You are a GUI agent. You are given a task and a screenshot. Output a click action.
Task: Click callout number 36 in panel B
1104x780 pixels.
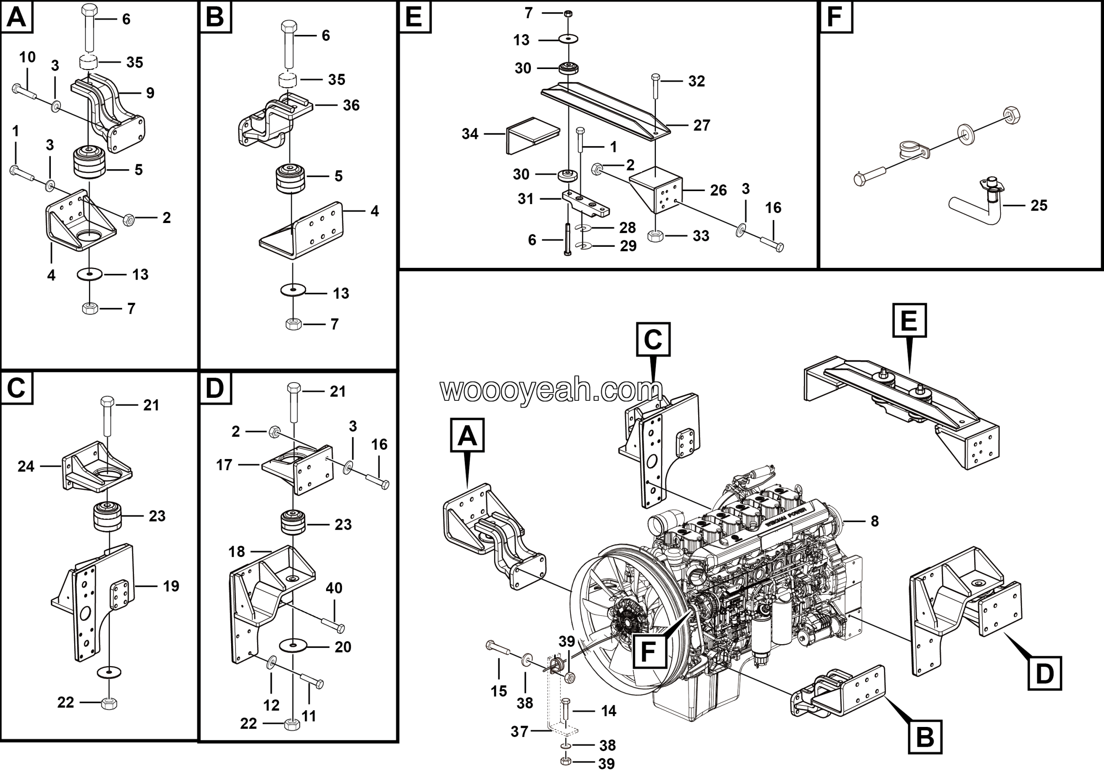click(351, 105)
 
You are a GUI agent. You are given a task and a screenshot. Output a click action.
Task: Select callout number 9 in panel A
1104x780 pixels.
click(150, 93)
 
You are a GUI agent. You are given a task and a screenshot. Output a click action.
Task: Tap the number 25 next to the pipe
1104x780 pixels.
click(1038, 206)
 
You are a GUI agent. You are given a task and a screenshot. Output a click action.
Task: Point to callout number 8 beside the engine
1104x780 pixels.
click(875, 521)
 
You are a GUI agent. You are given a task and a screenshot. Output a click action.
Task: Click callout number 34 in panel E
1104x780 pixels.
click(470, 134)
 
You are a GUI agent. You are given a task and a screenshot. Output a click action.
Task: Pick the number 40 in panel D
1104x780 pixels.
click(334, 588)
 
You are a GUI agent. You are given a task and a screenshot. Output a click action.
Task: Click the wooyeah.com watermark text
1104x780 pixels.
click(551, 390)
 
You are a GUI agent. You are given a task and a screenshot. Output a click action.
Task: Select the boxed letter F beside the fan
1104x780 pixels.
click(648, 651)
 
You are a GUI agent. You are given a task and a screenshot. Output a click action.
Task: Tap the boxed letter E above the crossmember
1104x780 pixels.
click(909, 320)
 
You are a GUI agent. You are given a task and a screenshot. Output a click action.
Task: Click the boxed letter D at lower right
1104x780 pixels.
click(1044, 674)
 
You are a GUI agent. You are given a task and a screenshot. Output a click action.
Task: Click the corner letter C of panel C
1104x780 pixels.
click(16, 387)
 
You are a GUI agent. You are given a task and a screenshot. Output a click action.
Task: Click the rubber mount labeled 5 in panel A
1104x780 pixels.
click(89, 162)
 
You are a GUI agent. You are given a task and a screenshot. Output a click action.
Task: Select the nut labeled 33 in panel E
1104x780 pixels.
click(656, 236)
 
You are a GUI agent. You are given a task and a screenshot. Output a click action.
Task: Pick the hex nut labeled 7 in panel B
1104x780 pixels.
click(293, 324)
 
